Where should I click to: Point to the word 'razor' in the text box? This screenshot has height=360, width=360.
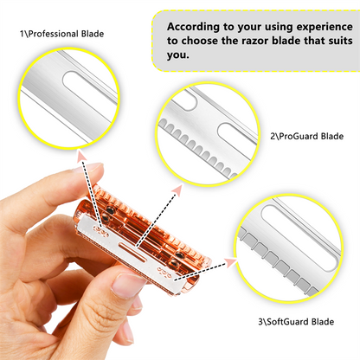257,41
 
